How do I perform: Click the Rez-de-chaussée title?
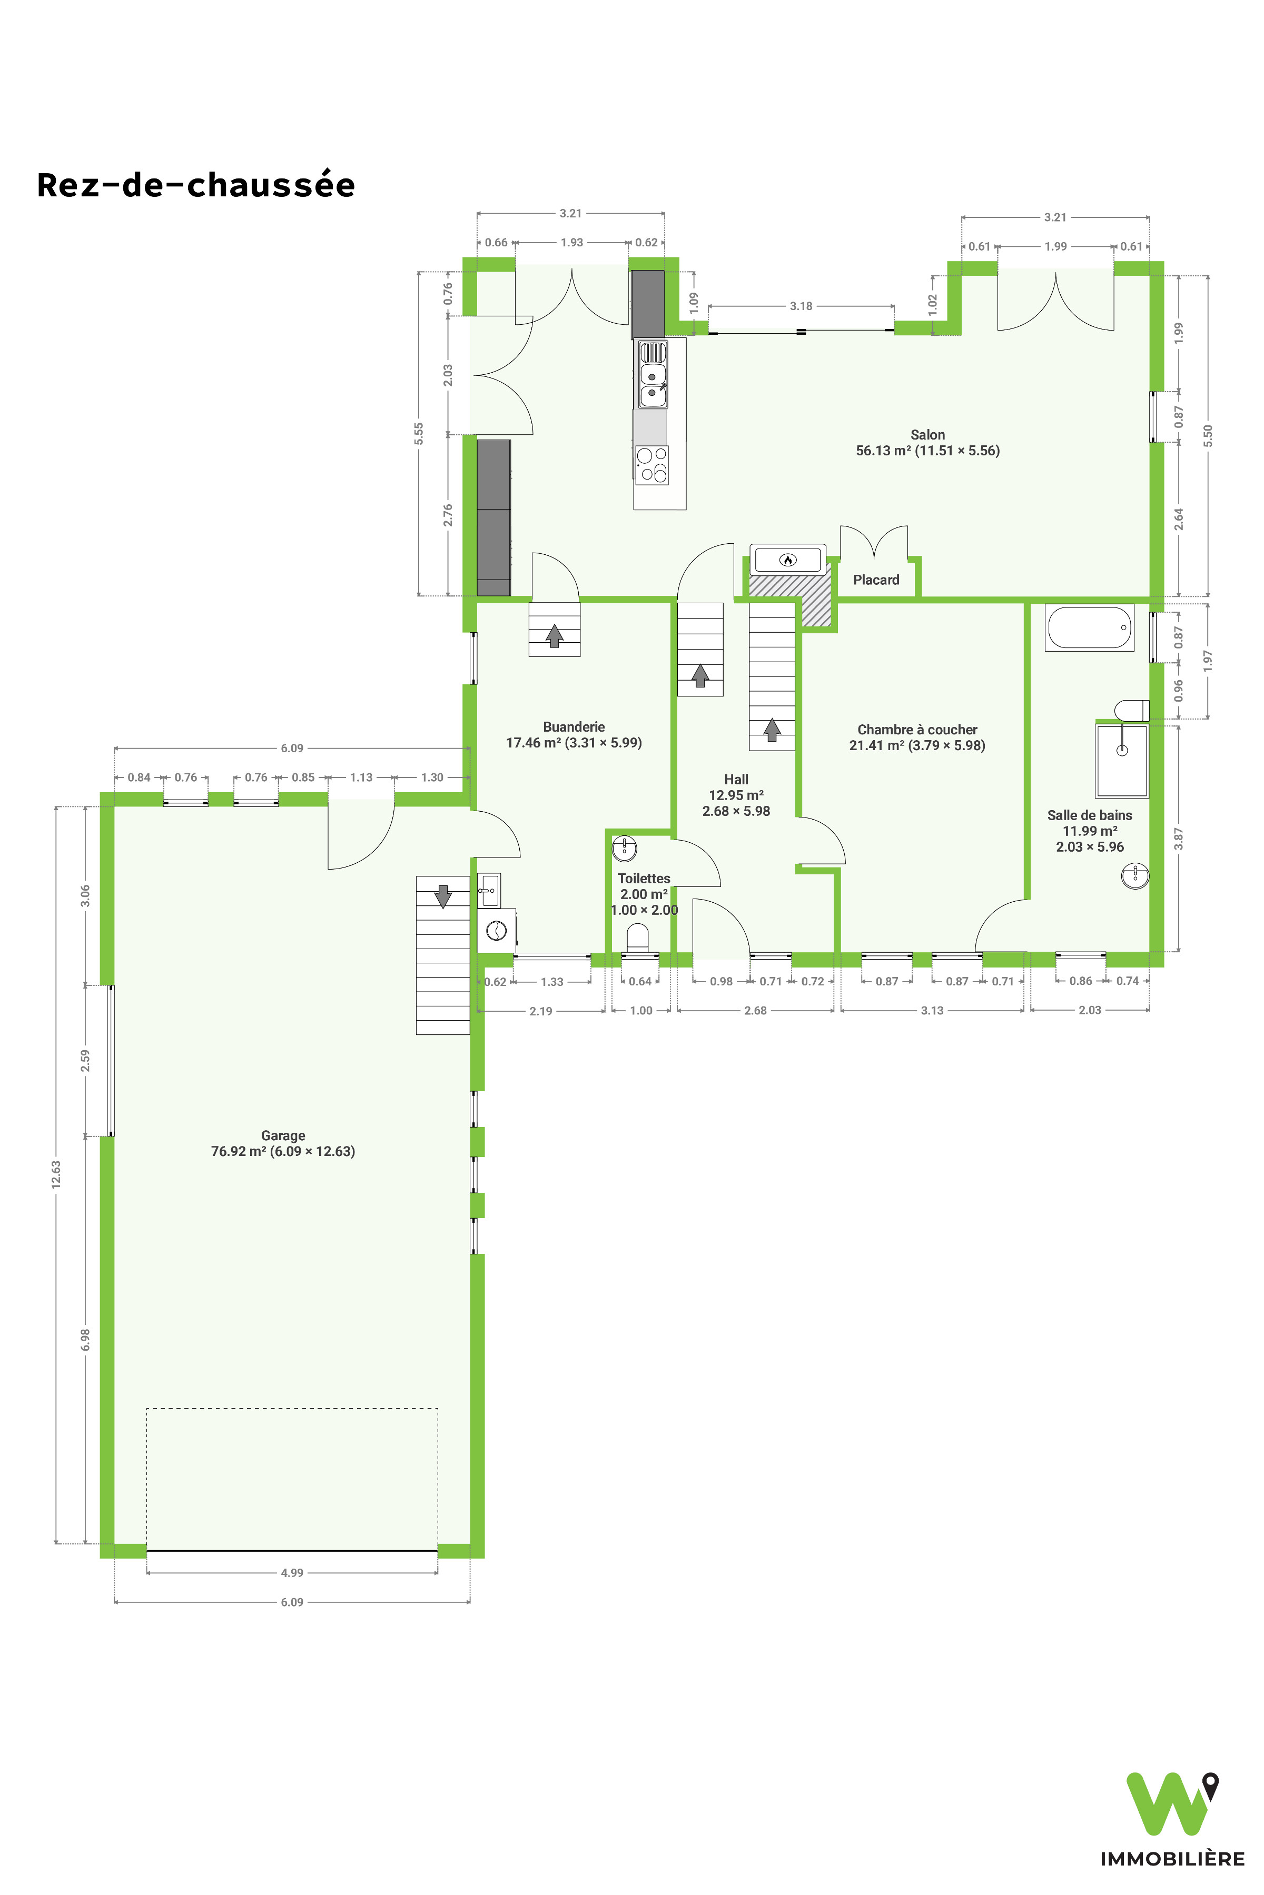(196, 185)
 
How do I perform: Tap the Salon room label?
(928, 442)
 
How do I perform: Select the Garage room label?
(283, 1143)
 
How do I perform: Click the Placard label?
(876, 580)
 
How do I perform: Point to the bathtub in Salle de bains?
(1089, 627)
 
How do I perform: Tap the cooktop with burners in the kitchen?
(651, 465)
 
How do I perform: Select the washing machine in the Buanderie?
(497, 931)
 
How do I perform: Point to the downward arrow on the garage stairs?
(442, 896)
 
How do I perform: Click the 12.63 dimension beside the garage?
(56, 1174)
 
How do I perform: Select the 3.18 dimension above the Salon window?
(801, 306)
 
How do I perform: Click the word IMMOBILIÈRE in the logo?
(1172, 1859)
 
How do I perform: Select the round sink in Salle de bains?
(1135, 876)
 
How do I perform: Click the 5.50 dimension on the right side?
(1208, 436)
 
